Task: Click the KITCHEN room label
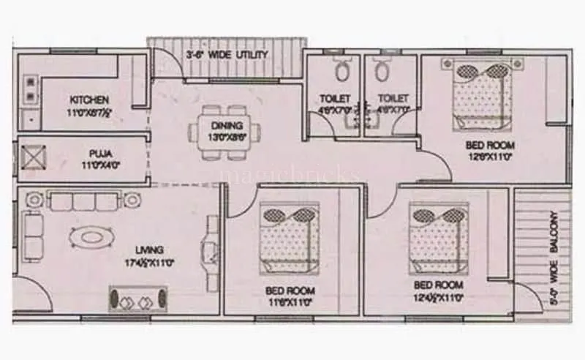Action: coord(89,100)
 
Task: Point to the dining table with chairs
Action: coord(219,137)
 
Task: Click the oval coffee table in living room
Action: coord(91,237)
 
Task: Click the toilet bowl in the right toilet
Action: coord(380,70)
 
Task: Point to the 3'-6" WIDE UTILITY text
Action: coord(226,55)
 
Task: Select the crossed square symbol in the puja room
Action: coord(33,157)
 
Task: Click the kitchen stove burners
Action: coord(31,89)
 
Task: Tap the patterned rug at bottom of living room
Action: coord(139,299)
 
